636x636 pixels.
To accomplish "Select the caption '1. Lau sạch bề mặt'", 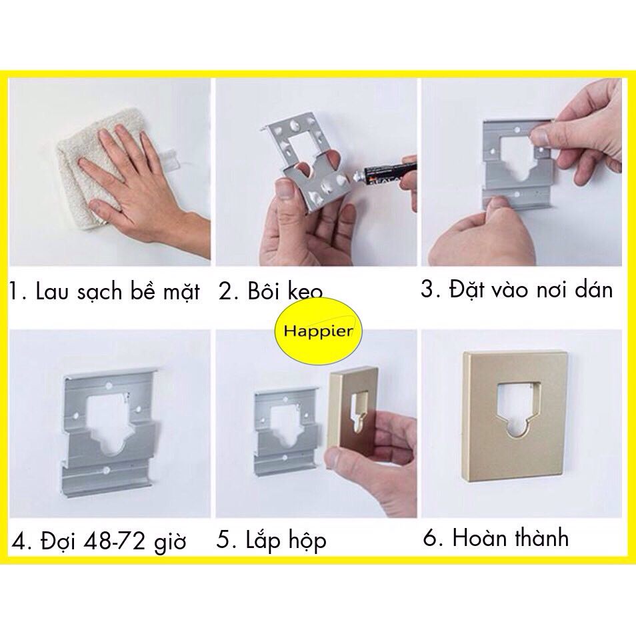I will pyautogui.click(x=105, y=292).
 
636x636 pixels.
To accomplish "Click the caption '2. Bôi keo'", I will pyautogui.click(x=271, y=292).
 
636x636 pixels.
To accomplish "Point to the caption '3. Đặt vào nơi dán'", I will pyautogui.click(x=517, y=291).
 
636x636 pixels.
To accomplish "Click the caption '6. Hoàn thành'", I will pyautogui.click(x=496, y=538).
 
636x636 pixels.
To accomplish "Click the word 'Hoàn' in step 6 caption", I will pyautogui.click(x=477, y=538).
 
